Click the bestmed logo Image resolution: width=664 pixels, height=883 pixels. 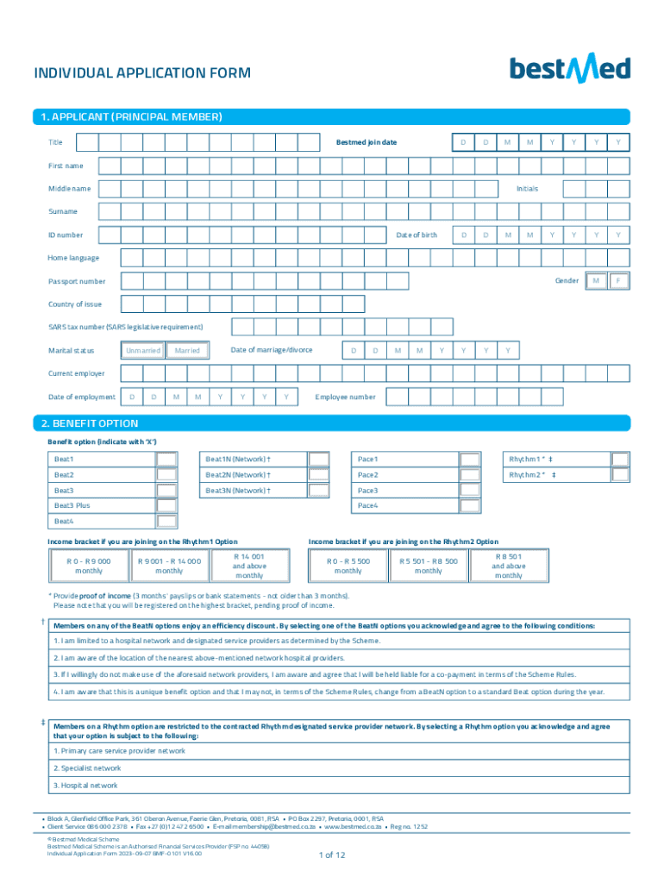[569, 69]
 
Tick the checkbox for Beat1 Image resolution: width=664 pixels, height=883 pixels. [166, 460]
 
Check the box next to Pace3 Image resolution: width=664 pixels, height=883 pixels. [470, 491]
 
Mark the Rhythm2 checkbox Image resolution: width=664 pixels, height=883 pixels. [620, 475]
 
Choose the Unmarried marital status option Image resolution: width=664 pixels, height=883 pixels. [142, 351]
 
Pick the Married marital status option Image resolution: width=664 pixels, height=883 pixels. [187, 351]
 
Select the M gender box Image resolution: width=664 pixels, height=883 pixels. [596, 281]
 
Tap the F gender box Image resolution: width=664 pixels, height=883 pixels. [618, 281]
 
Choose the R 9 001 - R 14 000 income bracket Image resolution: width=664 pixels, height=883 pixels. [169, 566]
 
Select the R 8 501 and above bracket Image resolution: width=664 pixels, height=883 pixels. [509, 566]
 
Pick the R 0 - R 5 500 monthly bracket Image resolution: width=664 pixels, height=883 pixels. [348, 566]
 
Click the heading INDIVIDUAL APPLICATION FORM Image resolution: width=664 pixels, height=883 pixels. [142, 73]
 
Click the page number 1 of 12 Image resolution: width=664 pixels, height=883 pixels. [332, 855]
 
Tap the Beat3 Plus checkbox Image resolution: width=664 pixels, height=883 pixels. [166, 506]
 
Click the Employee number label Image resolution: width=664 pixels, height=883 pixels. [346, 397]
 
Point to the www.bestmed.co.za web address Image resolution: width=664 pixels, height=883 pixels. [353, 826]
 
